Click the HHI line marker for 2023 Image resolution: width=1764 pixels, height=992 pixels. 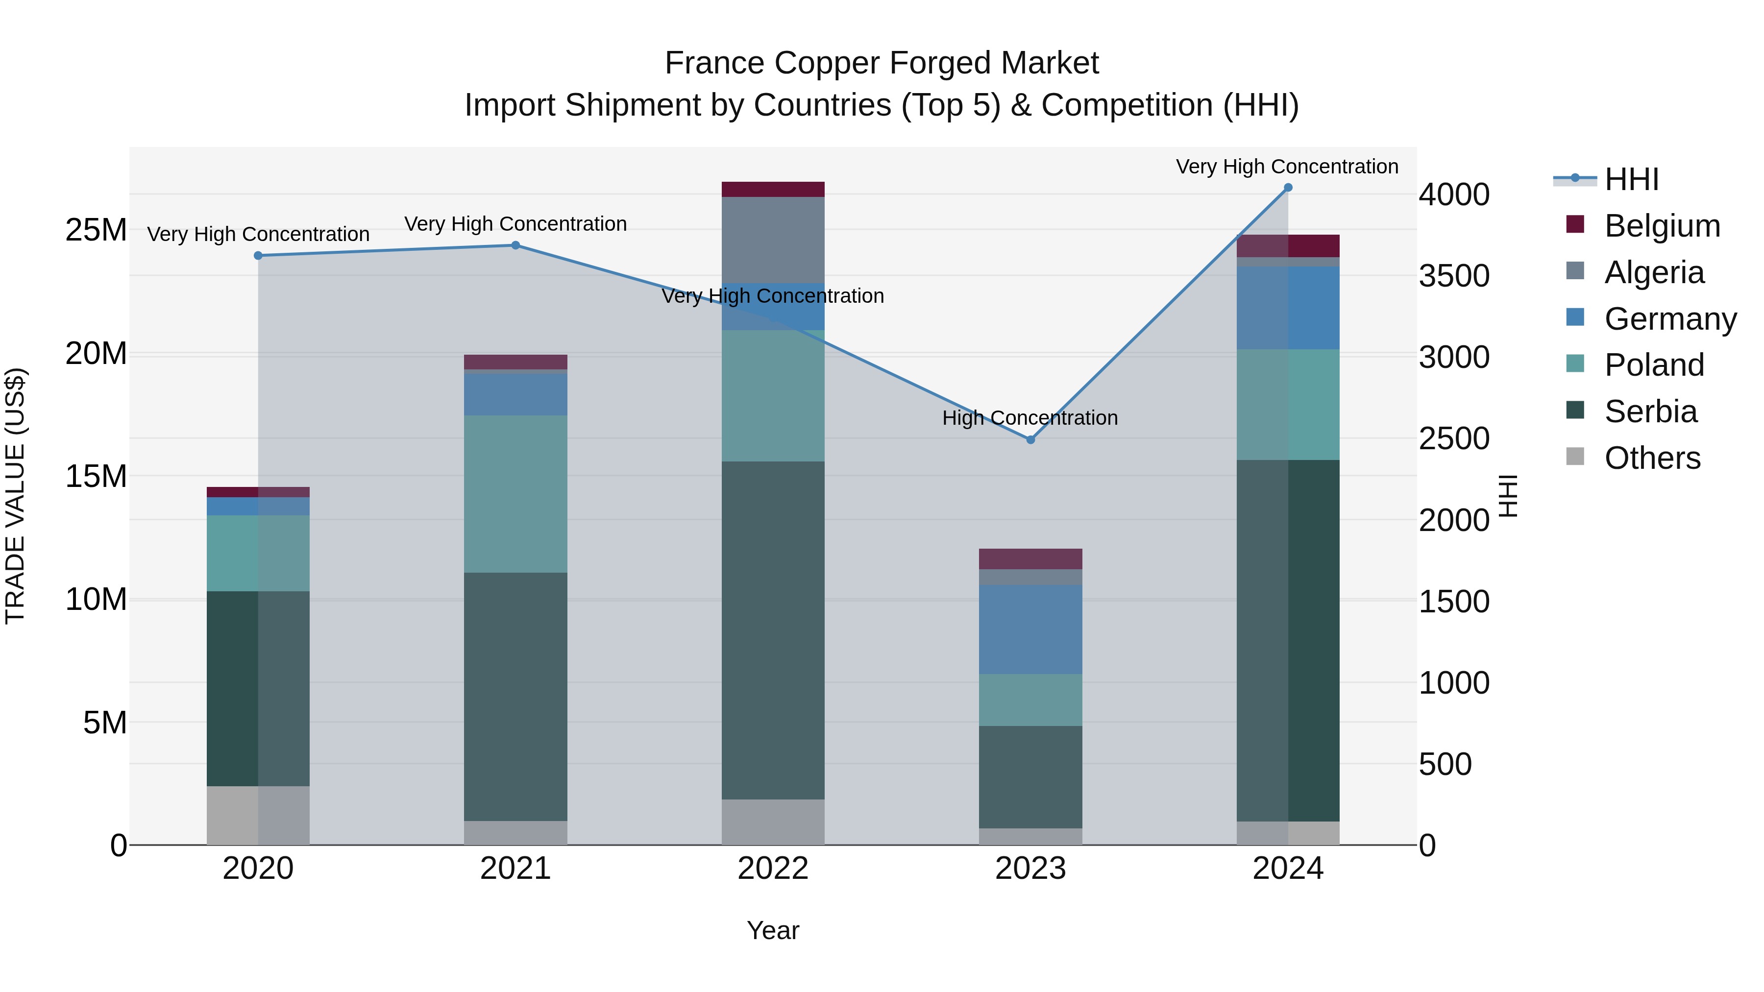(x=1030, y=439)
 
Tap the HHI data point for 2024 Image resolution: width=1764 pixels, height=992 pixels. (x=1287, y=188)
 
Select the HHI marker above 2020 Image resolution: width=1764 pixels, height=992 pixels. (x=258, y=255)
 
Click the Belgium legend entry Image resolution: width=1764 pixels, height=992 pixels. (x=1662, y=226)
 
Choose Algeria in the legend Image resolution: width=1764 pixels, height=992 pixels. (x=1654, y=272)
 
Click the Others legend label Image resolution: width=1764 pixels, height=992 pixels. (x=1652, y=458)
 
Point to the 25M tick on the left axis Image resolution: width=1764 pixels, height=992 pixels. (x=96, y=230)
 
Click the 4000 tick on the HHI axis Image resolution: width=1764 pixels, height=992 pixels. (x=1453, y=194)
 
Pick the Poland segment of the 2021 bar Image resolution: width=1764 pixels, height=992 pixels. (x=515, y=494)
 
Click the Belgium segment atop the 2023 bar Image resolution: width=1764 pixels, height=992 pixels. (x=1030, y=558)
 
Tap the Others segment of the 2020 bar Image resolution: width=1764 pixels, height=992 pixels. (x=258, y=815)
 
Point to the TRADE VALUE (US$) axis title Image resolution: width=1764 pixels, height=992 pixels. (x=15, y=496)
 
